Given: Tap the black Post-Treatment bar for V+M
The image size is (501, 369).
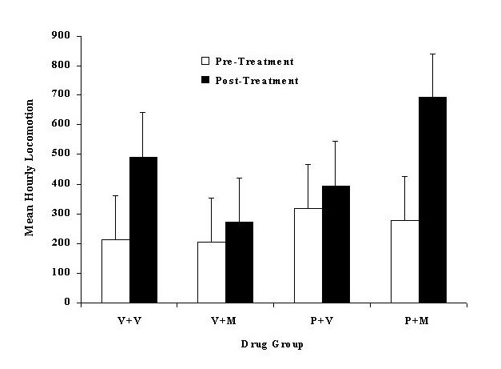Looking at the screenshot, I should pos(240,262).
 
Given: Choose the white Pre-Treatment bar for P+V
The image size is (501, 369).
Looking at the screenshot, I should pos(308,255).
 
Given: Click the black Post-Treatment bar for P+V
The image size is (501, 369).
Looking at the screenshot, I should pos(336,244).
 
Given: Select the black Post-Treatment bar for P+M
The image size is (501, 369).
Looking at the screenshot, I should pos(432,199).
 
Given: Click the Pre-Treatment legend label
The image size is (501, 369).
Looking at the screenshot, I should pos(249,61).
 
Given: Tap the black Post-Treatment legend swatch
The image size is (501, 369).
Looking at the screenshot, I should pos(205,80).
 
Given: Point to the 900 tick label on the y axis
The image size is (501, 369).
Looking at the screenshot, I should pos(62,36).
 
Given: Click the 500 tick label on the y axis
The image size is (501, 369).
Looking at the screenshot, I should pos(62,154).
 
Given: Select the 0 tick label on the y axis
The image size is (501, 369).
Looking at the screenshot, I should pos(67,303).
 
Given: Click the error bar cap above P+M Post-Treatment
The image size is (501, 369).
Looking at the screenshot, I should pos(432,54).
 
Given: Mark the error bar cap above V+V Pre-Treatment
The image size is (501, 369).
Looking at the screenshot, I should pos(116,195).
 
